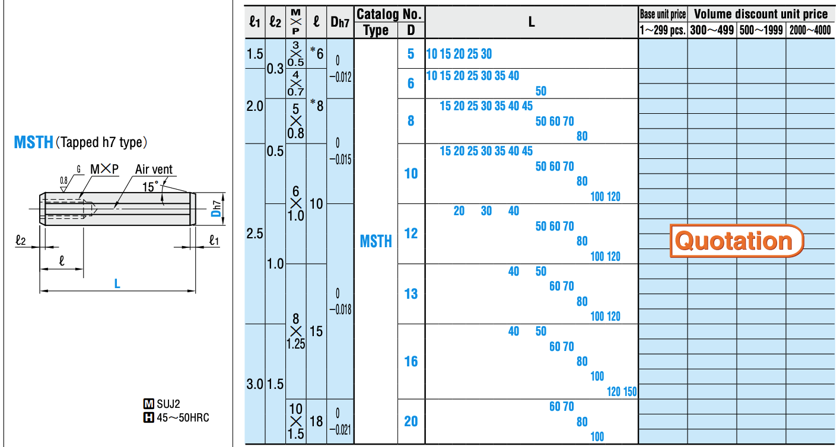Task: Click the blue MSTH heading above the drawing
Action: click(33, 143)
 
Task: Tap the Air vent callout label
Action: click(154, 170)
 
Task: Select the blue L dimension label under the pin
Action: click(117, 284)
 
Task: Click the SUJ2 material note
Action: click(168, 404)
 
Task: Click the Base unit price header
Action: click(663, 14)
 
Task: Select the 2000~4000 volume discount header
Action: click(810, 30)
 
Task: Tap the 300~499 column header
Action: click(712, 30)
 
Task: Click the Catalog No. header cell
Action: click(389, 14)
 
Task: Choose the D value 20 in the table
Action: click(411, 422)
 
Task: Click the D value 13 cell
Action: click(411, 294)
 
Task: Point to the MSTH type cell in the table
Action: click(376, 241)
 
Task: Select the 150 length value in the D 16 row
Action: click(630, 391)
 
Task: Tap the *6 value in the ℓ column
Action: click(316, 54)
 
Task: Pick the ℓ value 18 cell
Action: click(316, 422)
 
